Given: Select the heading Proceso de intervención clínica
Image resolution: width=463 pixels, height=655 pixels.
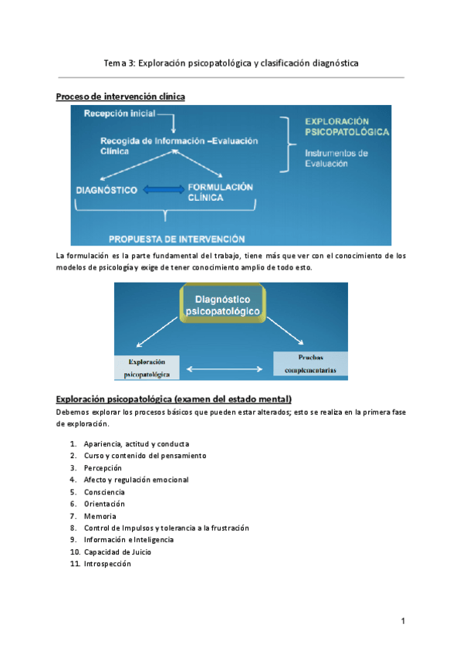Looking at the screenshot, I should point(120,97).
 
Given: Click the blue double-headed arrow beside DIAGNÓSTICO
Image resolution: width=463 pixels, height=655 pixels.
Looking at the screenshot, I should point(161,189).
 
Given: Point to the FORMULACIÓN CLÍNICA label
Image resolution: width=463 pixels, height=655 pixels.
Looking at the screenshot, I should point(220,192).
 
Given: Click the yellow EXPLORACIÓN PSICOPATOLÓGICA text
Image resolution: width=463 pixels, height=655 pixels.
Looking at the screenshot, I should point(347,127).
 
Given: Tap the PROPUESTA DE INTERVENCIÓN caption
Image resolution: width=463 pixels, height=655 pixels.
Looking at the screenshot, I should point(177,239).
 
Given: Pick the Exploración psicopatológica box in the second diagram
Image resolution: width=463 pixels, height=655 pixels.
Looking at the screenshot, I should point(147,368).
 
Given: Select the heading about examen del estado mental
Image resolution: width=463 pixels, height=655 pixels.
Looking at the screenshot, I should point(174,399).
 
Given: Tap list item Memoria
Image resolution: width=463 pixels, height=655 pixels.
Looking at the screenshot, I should point(100,516).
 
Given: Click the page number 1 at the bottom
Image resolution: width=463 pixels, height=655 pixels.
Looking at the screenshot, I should point(403,621).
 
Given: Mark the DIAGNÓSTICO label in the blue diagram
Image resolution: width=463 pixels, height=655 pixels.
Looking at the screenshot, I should point(106,190).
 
